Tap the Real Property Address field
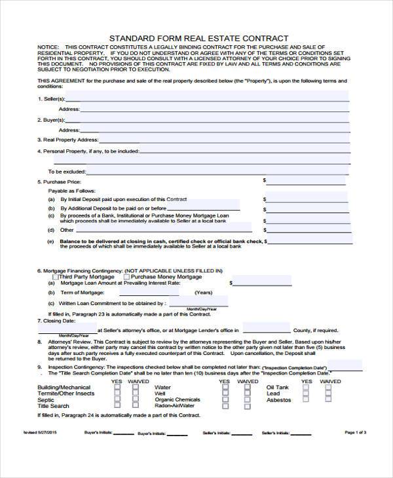point(223,139)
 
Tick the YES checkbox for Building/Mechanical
point(117,387)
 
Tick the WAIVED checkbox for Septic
point(135,399)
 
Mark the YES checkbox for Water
point(225,387)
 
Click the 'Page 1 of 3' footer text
point(355,433)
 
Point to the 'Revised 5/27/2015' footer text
point(41,433)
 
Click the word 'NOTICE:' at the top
point(47,48)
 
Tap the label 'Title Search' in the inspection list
point(52,406)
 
